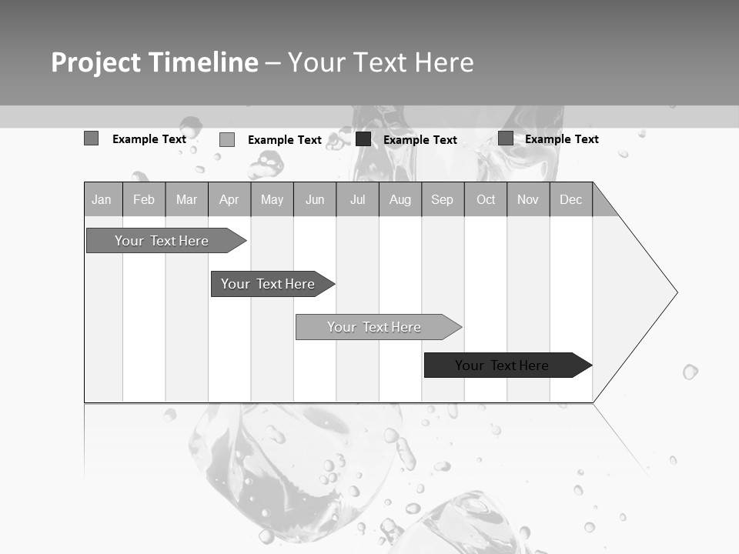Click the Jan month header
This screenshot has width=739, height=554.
(x=102, y=200)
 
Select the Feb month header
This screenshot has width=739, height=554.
(x=144, y=200)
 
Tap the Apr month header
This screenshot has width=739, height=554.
(x=229, y=200)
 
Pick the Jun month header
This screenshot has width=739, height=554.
(x=315, y=200)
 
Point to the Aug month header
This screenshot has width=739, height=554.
(x=400, y=200)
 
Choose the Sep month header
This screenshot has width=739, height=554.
(x=442, y=200)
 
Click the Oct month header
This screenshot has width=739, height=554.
(x=486, y=200)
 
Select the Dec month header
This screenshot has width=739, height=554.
(x=570, y=200)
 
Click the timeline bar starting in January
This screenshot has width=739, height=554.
(x=162, y=241)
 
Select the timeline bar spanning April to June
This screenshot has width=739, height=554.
(x=268, y=284)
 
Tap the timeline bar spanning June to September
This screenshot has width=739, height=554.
(x=374, y=327)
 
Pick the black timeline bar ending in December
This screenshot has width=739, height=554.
(x=502, y=365)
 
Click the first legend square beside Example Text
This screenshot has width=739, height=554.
(x=91, y=138)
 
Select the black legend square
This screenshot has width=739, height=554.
(x=363, y=139)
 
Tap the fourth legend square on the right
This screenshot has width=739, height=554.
(x=506, y=138)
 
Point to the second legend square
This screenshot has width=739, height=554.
(x=227, y=139)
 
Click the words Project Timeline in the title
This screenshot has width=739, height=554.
(x=155, y=62)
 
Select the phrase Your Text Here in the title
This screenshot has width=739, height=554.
(x=381, y=62)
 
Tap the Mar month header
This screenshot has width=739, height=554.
(x=186, y=200)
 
